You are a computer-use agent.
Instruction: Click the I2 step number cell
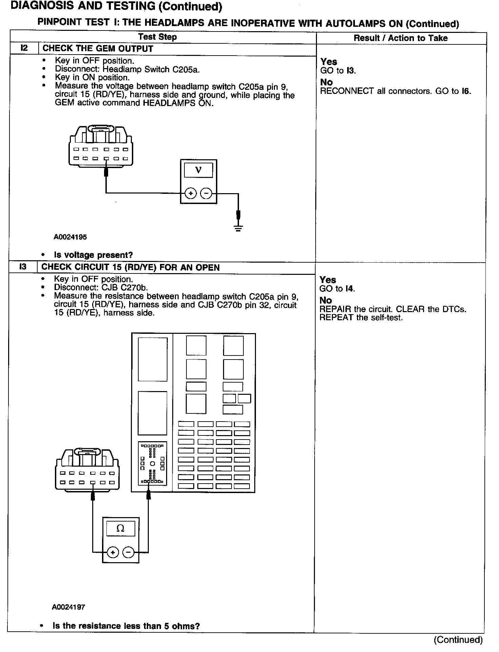point(24,48)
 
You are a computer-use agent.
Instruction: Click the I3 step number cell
point(23,267)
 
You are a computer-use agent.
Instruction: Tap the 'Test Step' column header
point(157,37)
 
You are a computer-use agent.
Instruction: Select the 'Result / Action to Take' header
point(400,38)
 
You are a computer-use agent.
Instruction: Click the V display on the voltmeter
point(198,170)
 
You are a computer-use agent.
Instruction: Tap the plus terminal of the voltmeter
point(191,193)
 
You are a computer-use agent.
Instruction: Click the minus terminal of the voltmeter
point(206,193)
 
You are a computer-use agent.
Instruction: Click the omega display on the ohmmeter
point(120,528)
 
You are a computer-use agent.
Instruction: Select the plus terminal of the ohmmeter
point(113,553)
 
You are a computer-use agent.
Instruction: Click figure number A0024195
point(70,237)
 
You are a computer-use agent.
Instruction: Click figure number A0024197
point(68,607)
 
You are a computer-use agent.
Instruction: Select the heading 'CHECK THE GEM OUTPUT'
point(98,48)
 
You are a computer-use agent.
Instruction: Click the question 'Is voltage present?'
point(93,255)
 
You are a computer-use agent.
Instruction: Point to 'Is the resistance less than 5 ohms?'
point(126,626)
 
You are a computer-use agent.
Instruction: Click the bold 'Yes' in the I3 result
point(327,280)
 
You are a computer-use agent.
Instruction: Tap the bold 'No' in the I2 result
point(326,82)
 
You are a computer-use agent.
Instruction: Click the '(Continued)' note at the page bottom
point(458,640)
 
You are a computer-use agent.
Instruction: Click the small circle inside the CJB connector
point(153,463)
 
